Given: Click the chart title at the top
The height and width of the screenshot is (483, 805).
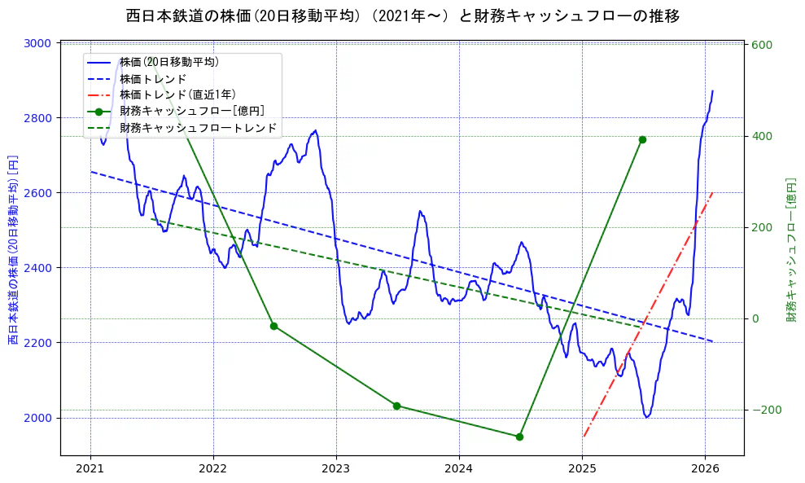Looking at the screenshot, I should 403,15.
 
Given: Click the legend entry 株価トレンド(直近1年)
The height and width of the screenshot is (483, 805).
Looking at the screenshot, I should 177,95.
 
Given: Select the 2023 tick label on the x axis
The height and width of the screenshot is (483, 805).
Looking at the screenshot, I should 336,469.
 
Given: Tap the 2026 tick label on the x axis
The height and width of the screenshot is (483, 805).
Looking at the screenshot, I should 705,469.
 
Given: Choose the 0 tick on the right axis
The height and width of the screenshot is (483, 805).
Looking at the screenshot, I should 755,318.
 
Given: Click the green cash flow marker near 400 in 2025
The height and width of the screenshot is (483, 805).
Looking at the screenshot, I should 642,139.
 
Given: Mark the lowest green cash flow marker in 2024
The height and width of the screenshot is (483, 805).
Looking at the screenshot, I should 519,437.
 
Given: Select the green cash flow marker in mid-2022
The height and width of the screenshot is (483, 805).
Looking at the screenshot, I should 273,326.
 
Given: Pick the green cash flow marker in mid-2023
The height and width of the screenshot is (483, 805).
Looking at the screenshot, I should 396,406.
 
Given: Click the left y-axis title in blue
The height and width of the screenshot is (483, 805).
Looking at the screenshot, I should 14,249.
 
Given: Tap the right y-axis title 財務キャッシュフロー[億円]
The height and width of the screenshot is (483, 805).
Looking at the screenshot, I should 790,249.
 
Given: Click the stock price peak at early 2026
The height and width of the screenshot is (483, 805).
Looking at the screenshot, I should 712,91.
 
